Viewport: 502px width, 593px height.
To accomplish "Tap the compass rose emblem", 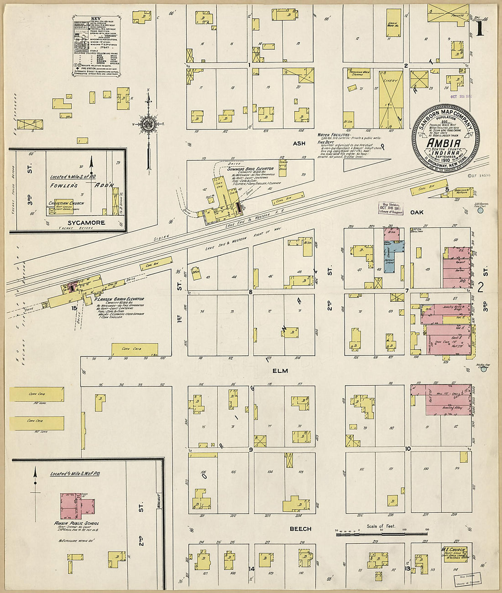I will pos(148,124).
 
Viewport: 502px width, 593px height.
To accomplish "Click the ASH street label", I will pos(299,144).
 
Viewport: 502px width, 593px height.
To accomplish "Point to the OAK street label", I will pos(417,212).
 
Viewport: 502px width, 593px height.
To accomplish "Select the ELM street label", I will pos(280,371).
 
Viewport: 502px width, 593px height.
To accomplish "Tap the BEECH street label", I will pos(300,529).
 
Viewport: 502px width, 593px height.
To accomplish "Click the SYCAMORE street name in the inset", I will pos(86,222).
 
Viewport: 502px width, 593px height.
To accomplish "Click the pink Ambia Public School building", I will pos(77,506).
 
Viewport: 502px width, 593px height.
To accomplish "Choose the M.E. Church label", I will pos(453,549).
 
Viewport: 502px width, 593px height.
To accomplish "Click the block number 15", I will pos(74,308).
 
